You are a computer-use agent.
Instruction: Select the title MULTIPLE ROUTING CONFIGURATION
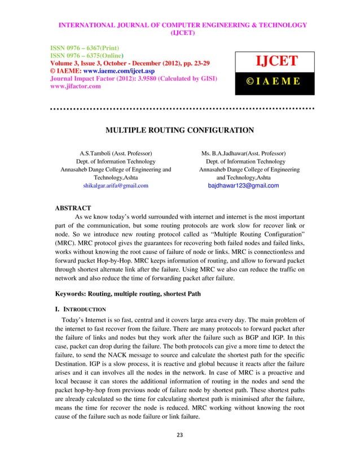click(179, 131)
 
